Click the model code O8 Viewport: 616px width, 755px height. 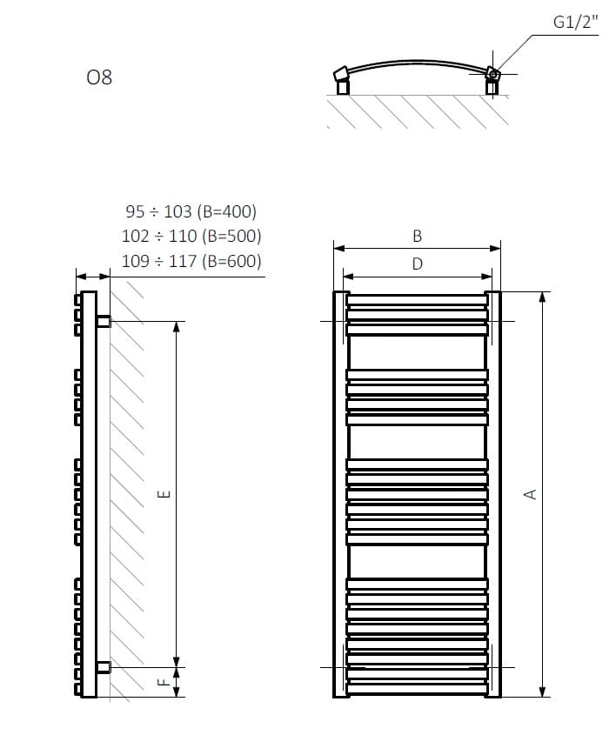click(99, 77)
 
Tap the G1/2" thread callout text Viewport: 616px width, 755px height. click(575, 22)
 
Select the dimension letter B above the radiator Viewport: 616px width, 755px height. click(417, 236)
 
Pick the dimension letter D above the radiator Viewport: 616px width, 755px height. click(417, 264)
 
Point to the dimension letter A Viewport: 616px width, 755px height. click(530, 494)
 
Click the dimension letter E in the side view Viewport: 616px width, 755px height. click(164, 493)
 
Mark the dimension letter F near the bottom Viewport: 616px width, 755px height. click(164, 682)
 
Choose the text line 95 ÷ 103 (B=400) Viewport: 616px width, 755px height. click(191, 211)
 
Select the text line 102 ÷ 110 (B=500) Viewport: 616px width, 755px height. click(191, 236)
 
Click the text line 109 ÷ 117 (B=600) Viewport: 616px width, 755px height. click(191, 261)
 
